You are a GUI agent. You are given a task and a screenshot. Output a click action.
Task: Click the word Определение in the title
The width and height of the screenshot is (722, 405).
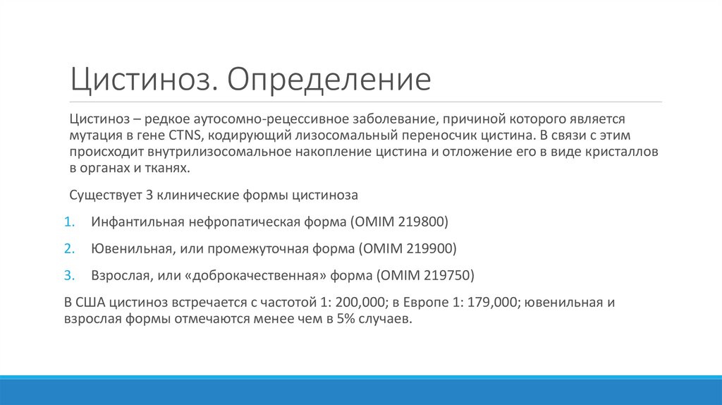pos(328,80)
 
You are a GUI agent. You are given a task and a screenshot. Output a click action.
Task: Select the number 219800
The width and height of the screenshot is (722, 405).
pos(423,222)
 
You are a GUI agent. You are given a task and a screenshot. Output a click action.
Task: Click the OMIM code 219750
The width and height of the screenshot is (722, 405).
pos(451,274)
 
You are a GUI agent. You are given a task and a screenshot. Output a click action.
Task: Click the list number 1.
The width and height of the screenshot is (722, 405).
pos(69,222)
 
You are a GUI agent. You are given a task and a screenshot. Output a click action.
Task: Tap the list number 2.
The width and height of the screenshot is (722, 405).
pos(69,248)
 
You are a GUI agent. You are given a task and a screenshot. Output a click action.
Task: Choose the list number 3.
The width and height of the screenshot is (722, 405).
pos(69,274)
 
